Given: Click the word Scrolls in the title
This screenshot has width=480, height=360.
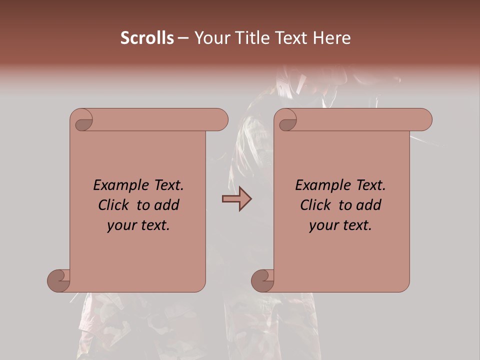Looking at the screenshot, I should click(x=147, y=38).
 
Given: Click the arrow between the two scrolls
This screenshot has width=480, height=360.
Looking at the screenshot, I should click(x=236, y=199).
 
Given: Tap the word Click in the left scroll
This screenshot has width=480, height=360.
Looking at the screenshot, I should click(x=114, y=205).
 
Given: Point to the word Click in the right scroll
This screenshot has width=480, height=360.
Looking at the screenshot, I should click(x=315, y=205).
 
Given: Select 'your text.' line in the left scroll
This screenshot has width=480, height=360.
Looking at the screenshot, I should click(x=138, y=225).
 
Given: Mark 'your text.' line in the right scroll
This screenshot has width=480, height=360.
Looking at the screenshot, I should click(x=340, y=225).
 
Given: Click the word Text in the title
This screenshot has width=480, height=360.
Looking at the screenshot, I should click(x=292, y=38).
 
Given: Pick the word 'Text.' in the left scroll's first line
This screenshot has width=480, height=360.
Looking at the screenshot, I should click(x=165, y=185).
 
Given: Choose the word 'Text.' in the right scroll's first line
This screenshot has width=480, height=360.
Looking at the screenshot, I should click(x=367, y=185).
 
